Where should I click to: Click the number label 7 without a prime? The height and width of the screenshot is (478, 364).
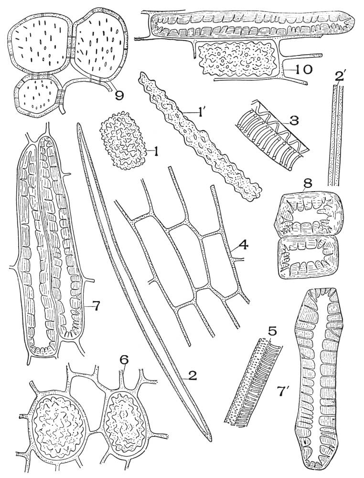96,306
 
